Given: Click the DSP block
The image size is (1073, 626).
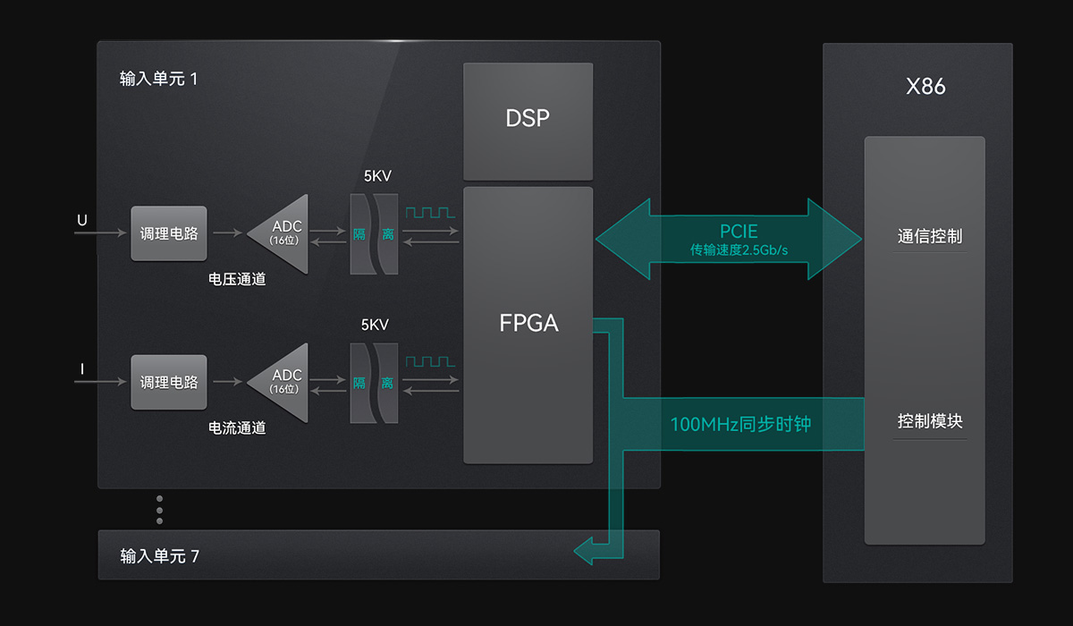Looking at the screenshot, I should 528,119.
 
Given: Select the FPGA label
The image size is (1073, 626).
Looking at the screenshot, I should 528,323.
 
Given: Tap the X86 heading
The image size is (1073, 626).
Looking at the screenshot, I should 925,87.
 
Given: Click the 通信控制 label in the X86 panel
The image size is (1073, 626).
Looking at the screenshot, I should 930,237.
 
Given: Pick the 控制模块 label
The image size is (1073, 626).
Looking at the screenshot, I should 930,421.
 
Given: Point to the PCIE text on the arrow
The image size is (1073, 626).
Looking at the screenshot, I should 739,232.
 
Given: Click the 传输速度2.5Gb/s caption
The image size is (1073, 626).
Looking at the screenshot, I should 739,250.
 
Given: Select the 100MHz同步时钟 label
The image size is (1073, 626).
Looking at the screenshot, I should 740,424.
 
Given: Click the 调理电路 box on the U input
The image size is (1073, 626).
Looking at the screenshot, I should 169,233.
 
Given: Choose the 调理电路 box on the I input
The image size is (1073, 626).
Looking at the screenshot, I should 169,383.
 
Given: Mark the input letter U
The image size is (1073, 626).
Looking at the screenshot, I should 82,220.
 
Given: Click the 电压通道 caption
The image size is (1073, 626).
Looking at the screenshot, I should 237,279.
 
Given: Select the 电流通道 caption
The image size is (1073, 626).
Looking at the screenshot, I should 237,428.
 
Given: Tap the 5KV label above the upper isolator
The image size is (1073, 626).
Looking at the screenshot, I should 377,176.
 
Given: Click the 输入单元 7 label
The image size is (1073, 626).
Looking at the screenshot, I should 160,556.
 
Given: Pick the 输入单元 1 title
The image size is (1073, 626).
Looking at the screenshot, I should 158,79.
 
